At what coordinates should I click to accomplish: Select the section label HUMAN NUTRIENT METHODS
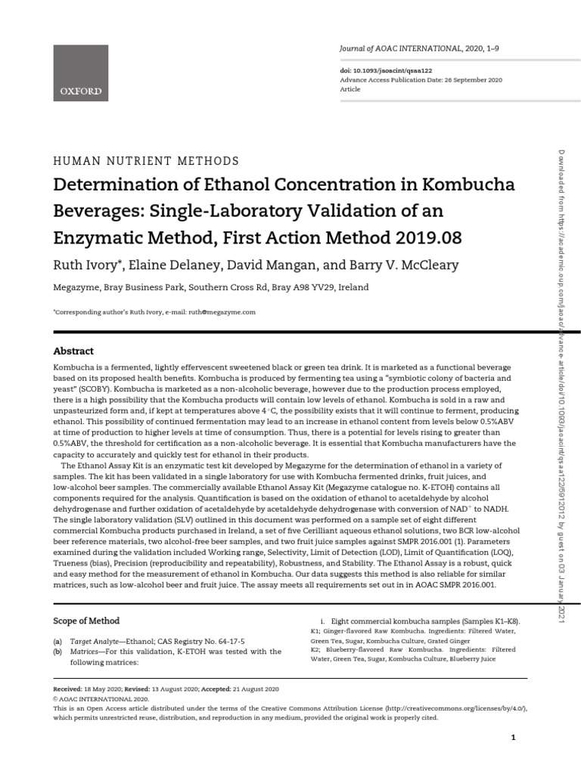[145, 161]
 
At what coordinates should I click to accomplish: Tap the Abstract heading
[73, 351]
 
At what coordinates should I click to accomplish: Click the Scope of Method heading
[86, 621]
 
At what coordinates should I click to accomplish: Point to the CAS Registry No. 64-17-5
[207, 639]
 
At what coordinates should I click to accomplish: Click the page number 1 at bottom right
[513, 737]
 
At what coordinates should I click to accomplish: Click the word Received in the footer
[68, 689]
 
